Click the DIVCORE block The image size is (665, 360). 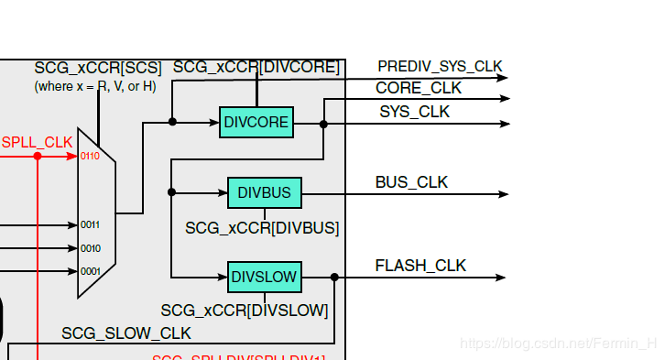256,122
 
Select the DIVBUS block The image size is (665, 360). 264,193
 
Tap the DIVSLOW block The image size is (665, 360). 264,277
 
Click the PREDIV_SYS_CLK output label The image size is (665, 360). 440,66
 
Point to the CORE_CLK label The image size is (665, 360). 419,88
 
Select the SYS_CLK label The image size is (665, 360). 415,112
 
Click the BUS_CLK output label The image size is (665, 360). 411,182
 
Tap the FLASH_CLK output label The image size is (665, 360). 420,266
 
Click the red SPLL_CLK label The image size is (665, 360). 37,142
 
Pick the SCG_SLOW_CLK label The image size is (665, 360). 126,333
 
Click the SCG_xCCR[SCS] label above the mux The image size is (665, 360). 98,68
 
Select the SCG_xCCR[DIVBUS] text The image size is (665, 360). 262,227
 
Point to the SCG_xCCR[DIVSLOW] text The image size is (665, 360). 245,311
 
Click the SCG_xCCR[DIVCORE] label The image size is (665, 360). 256,67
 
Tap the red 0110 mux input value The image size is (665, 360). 90,157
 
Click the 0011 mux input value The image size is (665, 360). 90,224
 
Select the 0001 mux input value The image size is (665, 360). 90,271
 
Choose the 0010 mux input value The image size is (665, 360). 90,248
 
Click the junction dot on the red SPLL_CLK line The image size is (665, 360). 38,156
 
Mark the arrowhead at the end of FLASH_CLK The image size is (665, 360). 501,277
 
